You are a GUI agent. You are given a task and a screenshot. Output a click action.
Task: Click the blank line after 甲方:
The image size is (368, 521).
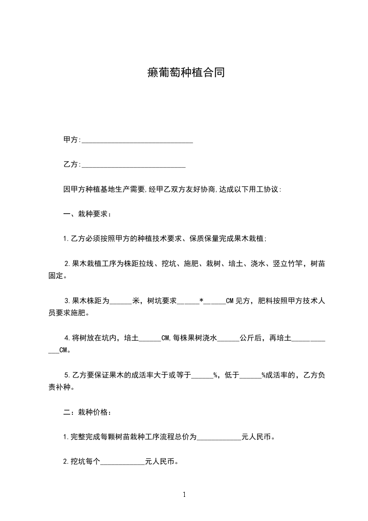pyautogui.click(x=137, y=140)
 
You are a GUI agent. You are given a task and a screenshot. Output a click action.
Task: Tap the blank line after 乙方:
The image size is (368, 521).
pyautogui.click(x=134, y=165)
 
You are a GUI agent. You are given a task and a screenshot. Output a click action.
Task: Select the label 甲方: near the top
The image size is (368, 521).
pyautogui.click(x=71, y=140)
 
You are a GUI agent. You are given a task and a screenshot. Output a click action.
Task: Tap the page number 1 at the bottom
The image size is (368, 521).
pyautogui.click(x=184, y=495)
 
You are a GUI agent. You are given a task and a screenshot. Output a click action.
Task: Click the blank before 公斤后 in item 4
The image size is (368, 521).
pyautogui.click(x=228, y=339)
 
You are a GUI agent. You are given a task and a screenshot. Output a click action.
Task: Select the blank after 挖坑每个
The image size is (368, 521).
pyautogui.click(x=123, y=462)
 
